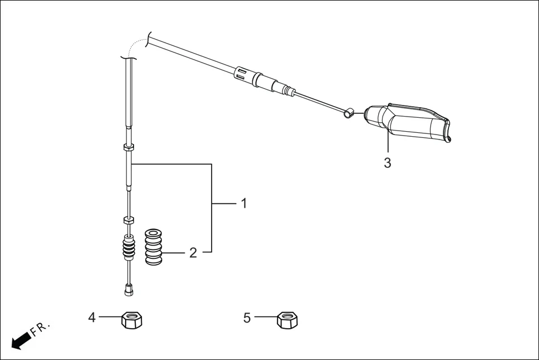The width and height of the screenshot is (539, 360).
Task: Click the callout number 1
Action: point(244,203)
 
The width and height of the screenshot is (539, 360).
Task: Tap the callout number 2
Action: point(193,253)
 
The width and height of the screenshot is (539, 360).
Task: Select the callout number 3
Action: point(387,164)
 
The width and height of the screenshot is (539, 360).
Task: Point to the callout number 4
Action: point(92,318)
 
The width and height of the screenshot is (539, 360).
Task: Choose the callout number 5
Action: point(247,318)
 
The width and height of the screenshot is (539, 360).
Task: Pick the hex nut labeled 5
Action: point(287,320)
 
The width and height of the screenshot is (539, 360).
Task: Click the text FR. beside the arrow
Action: point(41,329)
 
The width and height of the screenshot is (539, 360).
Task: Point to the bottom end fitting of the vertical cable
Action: point(129,290)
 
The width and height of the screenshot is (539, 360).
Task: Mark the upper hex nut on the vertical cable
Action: point(128,147)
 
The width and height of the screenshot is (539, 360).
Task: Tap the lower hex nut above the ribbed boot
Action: point(128,220)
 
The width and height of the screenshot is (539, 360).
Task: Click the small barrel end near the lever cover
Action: point(347,113)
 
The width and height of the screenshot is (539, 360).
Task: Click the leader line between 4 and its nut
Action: point(110,318)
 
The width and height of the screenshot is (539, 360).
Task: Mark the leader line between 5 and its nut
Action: point(266,318)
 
